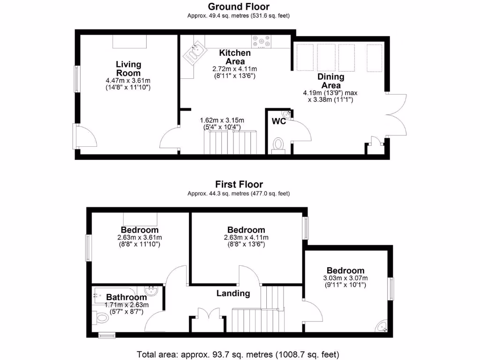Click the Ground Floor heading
tap(239, 7)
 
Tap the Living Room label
tap(128, 69)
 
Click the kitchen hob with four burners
tap(261, 41)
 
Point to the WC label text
tap(279, 121)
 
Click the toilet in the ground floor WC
tap(278, 144)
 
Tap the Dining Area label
tap(330, 81)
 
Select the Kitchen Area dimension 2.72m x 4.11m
tap(234, 68)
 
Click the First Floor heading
tap(239, 184)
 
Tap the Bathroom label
tap(126, 297)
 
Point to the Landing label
tap(233, 293)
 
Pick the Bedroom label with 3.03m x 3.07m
tap(345, 270)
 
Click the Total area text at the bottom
tap(238, 353)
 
